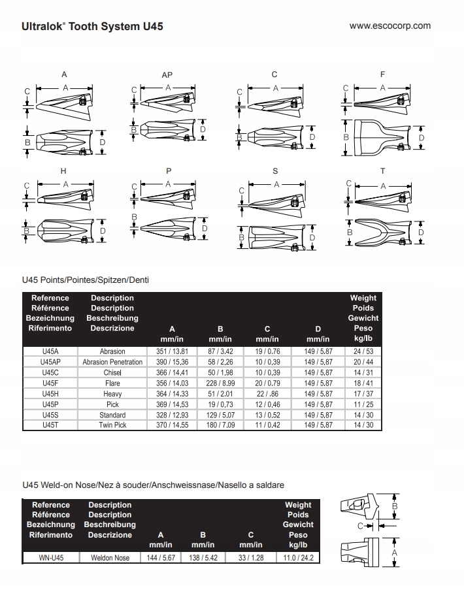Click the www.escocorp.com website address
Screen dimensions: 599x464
point(390,26)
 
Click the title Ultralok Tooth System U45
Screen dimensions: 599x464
point(92,27)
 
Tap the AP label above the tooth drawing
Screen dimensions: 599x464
point(167,75)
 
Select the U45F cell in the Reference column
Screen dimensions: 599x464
point(50,383)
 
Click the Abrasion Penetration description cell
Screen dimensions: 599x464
point(112,362)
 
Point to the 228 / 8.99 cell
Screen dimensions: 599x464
point(220,383)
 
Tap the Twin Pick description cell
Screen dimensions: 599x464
point(112,425)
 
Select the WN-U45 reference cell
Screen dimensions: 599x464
point(50,558)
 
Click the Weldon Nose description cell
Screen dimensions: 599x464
point(110,558)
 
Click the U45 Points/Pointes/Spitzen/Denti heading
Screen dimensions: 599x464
point(85,280)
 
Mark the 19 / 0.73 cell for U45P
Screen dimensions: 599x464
point(220,404)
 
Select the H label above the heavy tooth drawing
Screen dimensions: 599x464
point(63,171)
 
